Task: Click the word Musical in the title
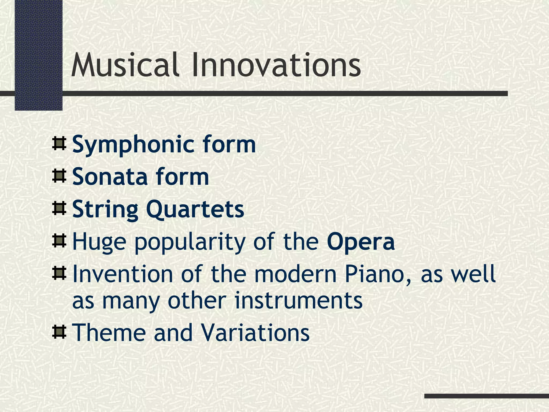125,65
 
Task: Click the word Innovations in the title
276,65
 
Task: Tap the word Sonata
110,177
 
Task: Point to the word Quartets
195,209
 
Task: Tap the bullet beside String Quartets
59,208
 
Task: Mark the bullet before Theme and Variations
59,332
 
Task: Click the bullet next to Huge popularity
59,241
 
